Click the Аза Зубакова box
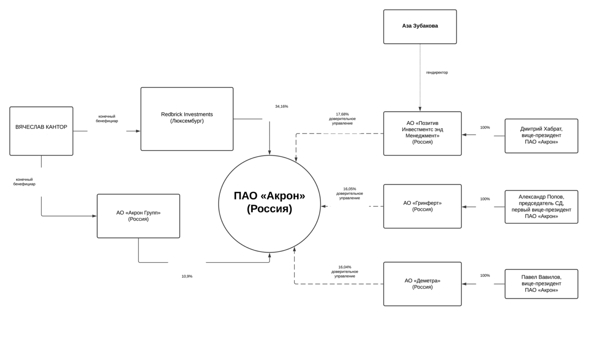(420, 26)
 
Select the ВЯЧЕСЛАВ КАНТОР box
(41, 131)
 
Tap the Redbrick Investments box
(187, 119)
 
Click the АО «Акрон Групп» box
(138, 216)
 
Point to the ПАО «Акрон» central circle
(270, 204)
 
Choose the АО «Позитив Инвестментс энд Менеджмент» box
(422, 133)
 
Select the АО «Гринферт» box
(422, 206)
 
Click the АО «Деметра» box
(422, 284)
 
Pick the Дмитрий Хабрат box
(541, 136)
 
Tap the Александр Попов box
(541, 207)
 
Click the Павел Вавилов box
(541, 284)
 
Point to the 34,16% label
(282, 107)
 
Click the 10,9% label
(187, 276)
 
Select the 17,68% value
(342, 114)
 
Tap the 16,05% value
(349, 189)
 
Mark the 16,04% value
(345, 267)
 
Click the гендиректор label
(437, 73)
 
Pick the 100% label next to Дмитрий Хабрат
(485, 128)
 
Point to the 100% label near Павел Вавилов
(485, 276)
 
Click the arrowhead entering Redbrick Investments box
(138, 131)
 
